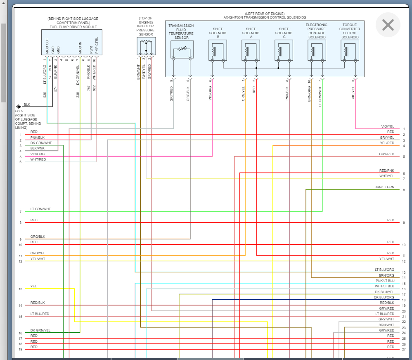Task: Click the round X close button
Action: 388,25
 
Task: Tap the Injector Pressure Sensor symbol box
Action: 146,46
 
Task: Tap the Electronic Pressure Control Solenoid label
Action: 317,31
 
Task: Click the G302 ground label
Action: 19,111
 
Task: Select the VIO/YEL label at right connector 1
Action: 387,126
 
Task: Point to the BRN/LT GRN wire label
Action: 384,187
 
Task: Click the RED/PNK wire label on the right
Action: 387,171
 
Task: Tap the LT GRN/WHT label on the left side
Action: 40,209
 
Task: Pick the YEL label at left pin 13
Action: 33,286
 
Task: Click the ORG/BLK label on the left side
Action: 38,237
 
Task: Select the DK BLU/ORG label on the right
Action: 384,297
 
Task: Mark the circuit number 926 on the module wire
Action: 45,95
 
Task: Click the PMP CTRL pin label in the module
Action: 96,46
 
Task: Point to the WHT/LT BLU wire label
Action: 384,286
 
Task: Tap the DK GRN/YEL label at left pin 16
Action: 40,330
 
